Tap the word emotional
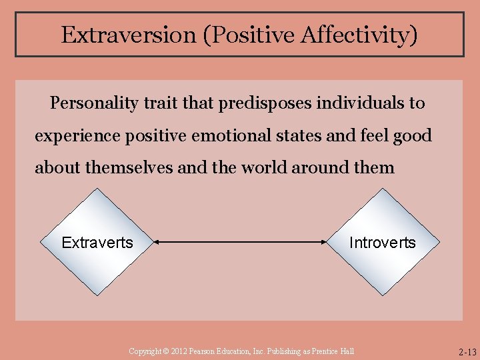pyautogui.click(x=231, y=136)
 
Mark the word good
pyautogui.click(x=413, y=136)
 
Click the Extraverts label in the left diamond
pyautogui.click(x=97, y=243)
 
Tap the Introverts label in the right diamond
pyautogui.click(x=382, y=243)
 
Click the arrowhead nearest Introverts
pyautogui.click(x=327, y=243)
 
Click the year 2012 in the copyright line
pyautogui.click(x=175, y=351)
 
